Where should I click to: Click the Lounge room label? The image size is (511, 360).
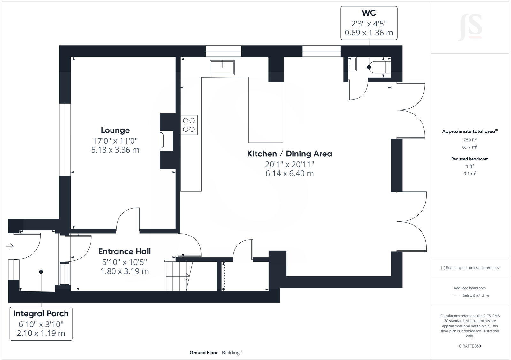[x=115, y=130]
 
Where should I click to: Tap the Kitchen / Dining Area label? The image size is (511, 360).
[x=289, y=154]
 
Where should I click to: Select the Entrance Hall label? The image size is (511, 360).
[x=125, y=251]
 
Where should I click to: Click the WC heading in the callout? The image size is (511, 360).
[x=369, y=13]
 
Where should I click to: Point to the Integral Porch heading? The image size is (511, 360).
[x=41, y=314]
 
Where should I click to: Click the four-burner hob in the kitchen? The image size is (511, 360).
[x=189, y=125]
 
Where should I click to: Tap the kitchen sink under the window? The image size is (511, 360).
[x=222, y=68]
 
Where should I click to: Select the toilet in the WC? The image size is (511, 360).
[x=380, y=67]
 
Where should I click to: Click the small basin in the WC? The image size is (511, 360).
[x=352, y=64]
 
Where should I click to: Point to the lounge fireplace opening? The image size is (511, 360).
[x=167, y=140]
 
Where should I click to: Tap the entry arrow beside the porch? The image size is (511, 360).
[x=10, y=246]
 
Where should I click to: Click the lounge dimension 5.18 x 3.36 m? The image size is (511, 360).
[x=115, y=150]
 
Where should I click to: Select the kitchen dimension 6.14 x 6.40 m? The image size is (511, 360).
[x=289, y=174]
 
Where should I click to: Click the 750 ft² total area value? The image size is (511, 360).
[x=470, y=140]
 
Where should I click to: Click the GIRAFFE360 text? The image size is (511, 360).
[x=470, y=346]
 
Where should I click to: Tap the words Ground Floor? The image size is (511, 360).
[x=203, y=353]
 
